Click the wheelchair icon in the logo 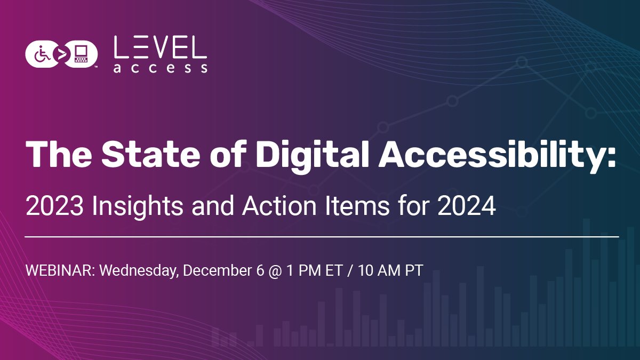point(41,53)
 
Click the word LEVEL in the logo point(160,49)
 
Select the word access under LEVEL point(160,68)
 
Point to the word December point(218,270)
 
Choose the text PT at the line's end point(413,270)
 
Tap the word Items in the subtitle point(353,206)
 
